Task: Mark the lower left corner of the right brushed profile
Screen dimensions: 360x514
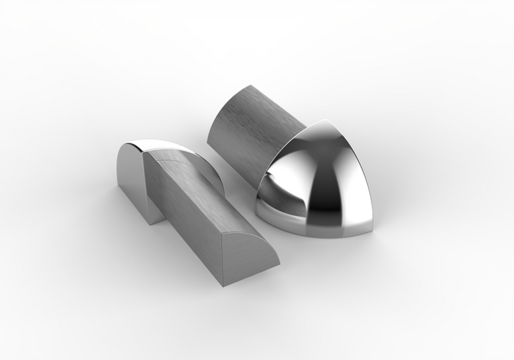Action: tap(209, 143)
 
